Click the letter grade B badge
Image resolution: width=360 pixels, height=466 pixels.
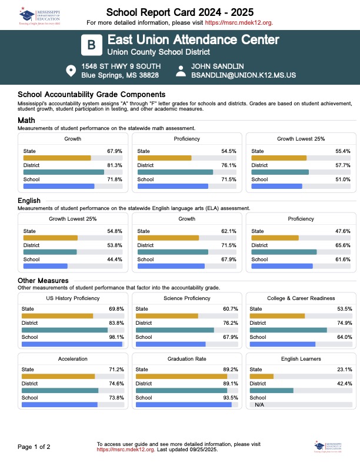click(91, 45)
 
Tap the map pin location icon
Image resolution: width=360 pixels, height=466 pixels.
click(71, 71)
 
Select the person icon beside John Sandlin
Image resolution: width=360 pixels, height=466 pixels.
click(181, 71)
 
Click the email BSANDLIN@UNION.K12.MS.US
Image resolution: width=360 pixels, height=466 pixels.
click(243, 75)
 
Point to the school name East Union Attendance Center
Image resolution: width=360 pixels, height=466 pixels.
click(194, 40)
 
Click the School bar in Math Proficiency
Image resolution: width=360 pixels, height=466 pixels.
click(173, 186)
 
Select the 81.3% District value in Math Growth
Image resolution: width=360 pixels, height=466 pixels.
click(114, 165)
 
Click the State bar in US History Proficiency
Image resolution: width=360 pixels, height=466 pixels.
click(57, 316)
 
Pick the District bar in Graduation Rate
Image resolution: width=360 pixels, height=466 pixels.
click(182, 390)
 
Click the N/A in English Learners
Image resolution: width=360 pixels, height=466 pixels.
click(259, 405)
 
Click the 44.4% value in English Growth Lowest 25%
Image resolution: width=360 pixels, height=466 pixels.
click(114, 259)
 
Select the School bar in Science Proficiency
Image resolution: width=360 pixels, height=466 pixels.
click(171, 344)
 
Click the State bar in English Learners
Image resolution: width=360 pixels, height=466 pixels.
click(262, 376)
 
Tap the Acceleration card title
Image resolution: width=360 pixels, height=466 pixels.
click(73, 358)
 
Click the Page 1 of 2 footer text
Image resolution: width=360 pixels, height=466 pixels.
click(34, 447)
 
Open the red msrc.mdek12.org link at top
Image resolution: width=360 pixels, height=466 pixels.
click(239, 22)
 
